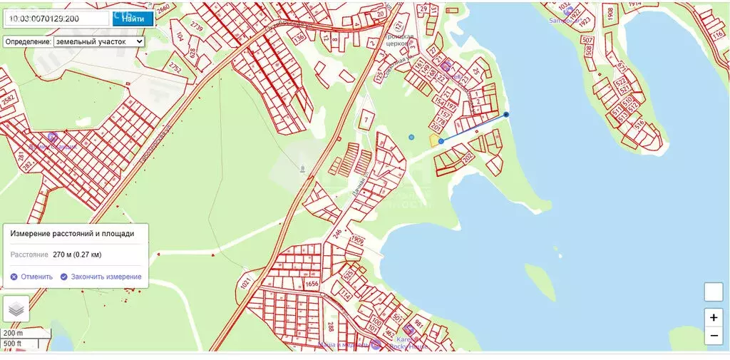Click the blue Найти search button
133,19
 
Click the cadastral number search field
57,19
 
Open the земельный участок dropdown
99,41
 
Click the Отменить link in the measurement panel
31,277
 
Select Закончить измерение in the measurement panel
101,277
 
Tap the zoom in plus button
714,317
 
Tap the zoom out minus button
714,335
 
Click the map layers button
16,309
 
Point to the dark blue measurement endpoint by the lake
506,114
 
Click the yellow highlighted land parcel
433,140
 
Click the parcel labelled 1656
311,284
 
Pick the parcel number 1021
245,284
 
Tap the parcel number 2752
175,67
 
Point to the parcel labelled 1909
358,241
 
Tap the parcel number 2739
196,28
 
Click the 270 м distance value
83,254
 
